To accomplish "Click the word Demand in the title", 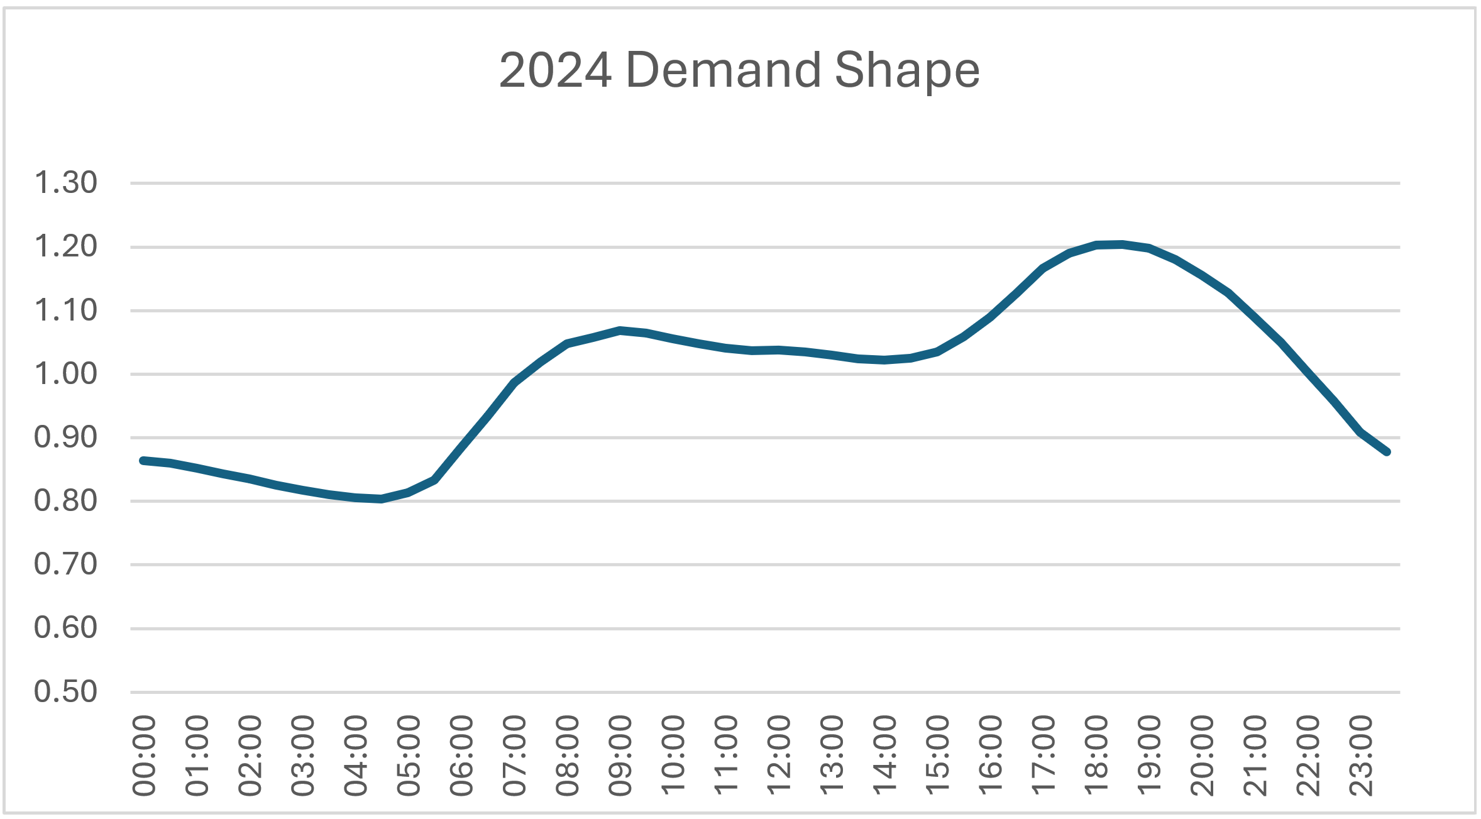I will [x=723, y=70].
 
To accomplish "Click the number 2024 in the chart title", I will [x=555, y=70].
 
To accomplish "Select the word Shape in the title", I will [x=907, y=70].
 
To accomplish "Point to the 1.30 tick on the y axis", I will [x=66, y=183].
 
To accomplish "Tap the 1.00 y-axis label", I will [x=66, y=374].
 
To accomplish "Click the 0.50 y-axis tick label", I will [x=66, y=691].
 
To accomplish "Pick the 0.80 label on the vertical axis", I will [x=66, y=501].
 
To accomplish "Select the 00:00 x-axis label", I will [x=144, y=756].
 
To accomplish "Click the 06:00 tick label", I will [x=461, y=756].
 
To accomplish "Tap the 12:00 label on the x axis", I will [x=779, y=756].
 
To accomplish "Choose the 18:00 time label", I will [x=1096, y=756].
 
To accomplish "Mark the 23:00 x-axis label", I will [x=1361, y=756].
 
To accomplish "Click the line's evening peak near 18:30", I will [x=1121, y=244].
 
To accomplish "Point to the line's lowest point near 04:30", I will [x=381, y=499].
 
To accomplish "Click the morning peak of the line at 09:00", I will [x=620, y=330].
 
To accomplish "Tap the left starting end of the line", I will [x=143, y=461].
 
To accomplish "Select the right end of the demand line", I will [x=1387, y=451].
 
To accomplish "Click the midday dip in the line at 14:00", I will [x=884, y=360].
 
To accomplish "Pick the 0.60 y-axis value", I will [x=66, y=628].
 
